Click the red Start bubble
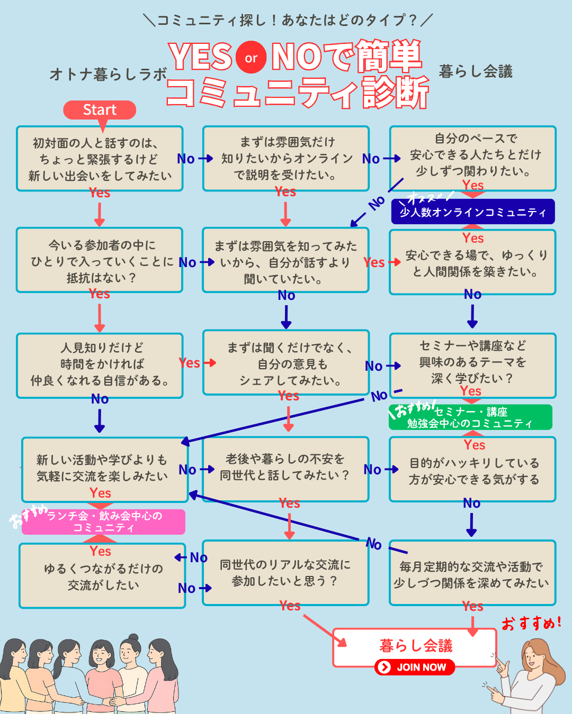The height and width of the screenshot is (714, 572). point(100,110)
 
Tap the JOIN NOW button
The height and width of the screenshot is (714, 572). point(415,667)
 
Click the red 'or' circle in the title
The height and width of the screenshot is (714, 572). point(251,58)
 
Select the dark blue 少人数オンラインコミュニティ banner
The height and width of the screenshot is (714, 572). point(472,212)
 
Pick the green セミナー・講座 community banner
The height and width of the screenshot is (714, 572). point(470,417)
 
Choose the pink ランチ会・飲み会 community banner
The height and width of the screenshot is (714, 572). point(104,522)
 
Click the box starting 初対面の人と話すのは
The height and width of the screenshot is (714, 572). point(100,159)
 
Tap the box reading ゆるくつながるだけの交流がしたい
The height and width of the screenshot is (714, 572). point(103,576)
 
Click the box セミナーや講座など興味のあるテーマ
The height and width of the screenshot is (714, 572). point(472,363)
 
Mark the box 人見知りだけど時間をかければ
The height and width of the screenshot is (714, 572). point(100,365)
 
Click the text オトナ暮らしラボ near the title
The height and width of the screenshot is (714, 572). point(109,75)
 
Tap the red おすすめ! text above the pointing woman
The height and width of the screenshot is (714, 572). point(531,624)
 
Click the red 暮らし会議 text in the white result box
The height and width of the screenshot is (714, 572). point(416,646)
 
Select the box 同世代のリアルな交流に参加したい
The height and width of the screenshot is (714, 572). point(285,573)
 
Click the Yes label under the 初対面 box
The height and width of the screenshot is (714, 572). point(100,193)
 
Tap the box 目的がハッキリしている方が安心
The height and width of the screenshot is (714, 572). point(472,471)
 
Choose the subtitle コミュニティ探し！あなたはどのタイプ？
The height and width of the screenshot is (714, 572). point(288,20)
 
